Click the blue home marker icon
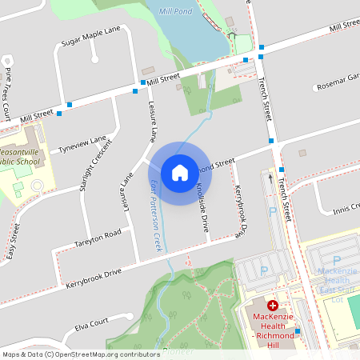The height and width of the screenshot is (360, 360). click(179, 172)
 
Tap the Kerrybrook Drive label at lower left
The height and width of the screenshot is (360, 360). click(94, 274)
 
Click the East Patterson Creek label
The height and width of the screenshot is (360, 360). click(156, 217)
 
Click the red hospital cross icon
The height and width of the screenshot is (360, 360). click(273, 306)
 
